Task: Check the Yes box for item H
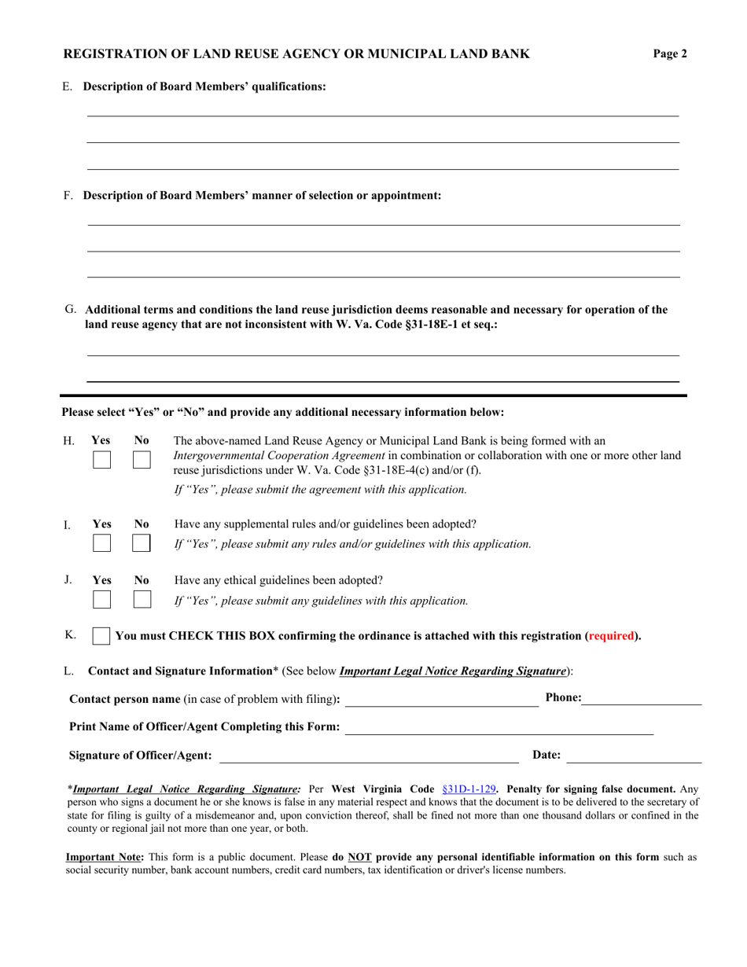tap(101, 460)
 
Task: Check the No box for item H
tap(142, 460)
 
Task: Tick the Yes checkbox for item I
tap(101, 543)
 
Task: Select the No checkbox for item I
tap(142, 543)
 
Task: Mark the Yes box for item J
tap(101, 600)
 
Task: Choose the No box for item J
tap(142, 600)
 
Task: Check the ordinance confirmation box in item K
tap(101, 636)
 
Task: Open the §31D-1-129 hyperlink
tap(469, 788)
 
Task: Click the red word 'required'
tap(612, 636)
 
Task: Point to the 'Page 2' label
tap(670, 54)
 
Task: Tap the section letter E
tap(67, 86)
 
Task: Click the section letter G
tap(70, 310)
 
